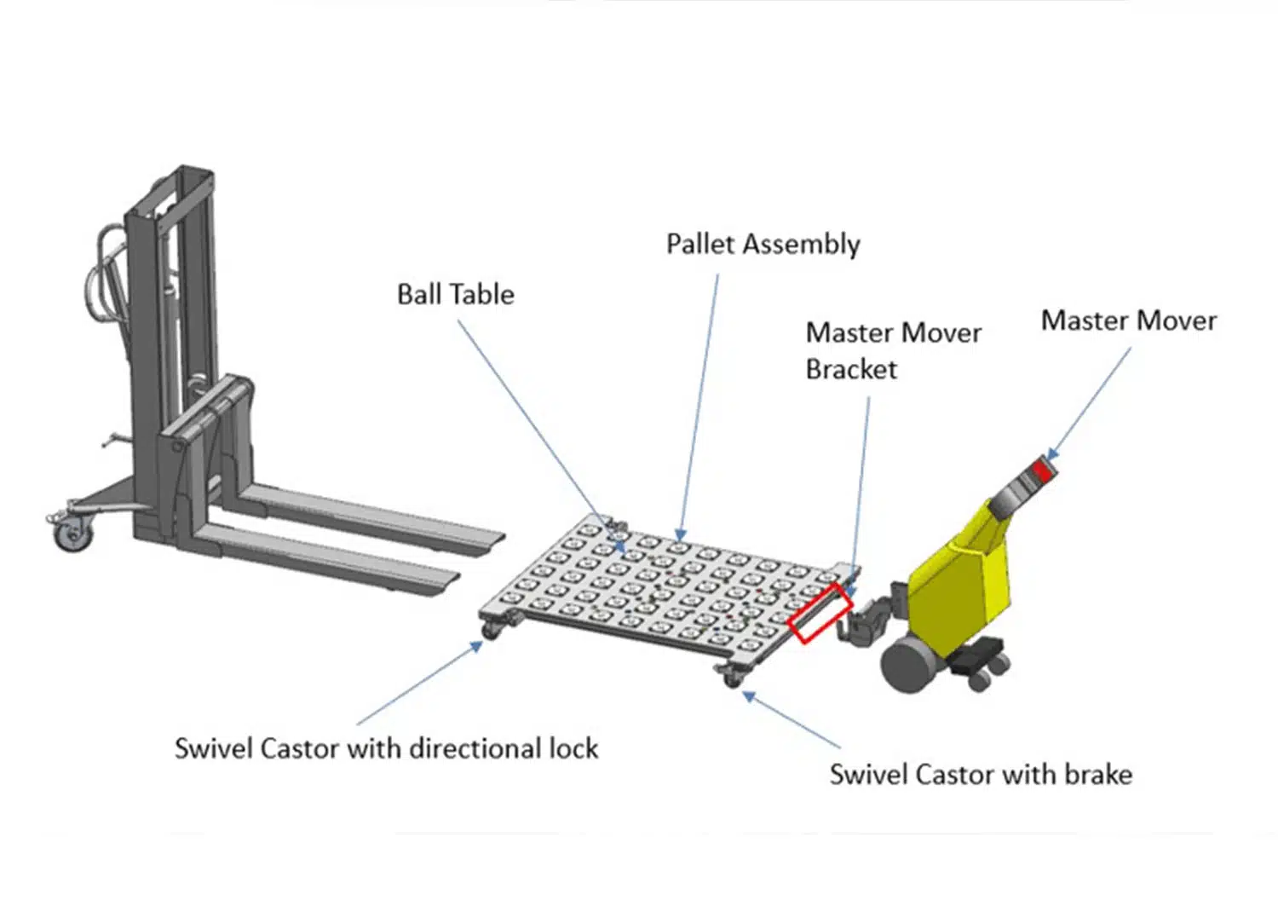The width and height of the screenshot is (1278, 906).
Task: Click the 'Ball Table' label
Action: (455, 295)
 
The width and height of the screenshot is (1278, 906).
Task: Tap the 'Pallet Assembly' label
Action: (763, 245)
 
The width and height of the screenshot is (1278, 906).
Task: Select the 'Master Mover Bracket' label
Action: (894, 350)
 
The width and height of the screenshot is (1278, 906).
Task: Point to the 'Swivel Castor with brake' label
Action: (981, 775)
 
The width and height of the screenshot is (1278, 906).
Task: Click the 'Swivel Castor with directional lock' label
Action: (386, 748)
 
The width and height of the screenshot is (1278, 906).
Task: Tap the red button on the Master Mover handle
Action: (1042, 472)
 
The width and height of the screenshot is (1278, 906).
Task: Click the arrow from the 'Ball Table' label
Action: (543, 436)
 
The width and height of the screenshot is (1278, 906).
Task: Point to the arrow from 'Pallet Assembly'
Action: (699, 407)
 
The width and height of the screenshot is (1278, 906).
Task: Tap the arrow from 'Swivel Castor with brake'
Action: (791, 719)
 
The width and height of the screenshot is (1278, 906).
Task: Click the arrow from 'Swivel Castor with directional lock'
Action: (420, 683)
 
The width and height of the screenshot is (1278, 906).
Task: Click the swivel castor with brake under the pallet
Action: (729, 675)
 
